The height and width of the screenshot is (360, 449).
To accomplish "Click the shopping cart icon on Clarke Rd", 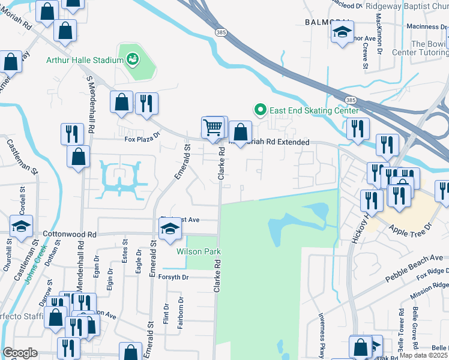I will pyautogui.click(x=212, y=127).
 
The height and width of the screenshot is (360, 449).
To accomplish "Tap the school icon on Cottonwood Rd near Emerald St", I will pyautogui.click(x=169, y=228).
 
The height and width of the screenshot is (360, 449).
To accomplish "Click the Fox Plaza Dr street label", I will pyautogui.click(x=143, y=139).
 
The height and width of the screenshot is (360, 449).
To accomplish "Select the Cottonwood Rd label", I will pyautogui.click(x=70, y=234).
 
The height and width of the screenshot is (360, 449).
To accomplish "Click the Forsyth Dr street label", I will pyautogui.click(x=173, y=277).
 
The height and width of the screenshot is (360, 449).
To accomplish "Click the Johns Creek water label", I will pyautogui.click(x=35, y=265).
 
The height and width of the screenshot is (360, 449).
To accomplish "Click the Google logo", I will pyautogui.click(x=20, y=353).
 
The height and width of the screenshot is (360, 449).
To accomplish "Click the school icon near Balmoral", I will pyautogui.click(x=343, y=31).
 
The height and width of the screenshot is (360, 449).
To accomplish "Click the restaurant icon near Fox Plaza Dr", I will pyautogui.click(x=146, y=103).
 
